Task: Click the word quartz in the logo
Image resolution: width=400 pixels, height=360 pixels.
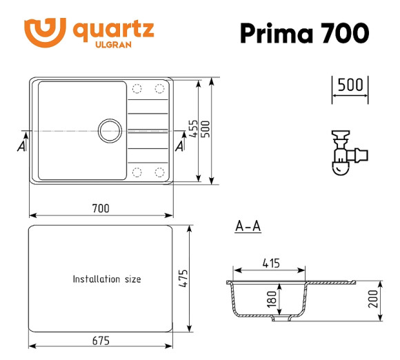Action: tap(113, 30)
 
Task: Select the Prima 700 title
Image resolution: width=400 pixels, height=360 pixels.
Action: tap(303, 32)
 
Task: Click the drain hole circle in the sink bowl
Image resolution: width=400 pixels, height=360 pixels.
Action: tap(109, 130)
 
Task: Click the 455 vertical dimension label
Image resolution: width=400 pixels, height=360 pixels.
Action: tap(194, 130)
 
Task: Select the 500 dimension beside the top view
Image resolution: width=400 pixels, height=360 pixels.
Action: tap(206, 130)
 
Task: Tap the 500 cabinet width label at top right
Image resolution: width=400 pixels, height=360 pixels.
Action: tap(350, 85)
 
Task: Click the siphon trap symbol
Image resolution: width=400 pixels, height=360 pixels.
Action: tap(345, 152)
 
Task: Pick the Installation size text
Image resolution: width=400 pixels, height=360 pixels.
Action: tap(107, 279)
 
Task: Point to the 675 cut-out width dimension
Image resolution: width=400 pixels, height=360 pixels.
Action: tap(100, 341)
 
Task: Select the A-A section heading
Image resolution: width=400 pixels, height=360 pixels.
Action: tap(248, 226)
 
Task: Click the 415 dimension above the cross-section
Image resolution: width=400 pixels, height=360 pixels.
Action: tap(270, 263)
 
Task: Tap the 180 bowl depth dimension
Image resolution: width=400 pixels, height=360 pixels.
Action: tap(271, 299)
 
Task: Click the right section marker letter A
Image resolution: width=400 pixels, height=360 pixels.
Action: tap(180, 146)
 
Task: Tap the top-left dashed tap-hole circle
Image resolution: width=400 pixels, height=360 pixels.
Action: tap(137, 88)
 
